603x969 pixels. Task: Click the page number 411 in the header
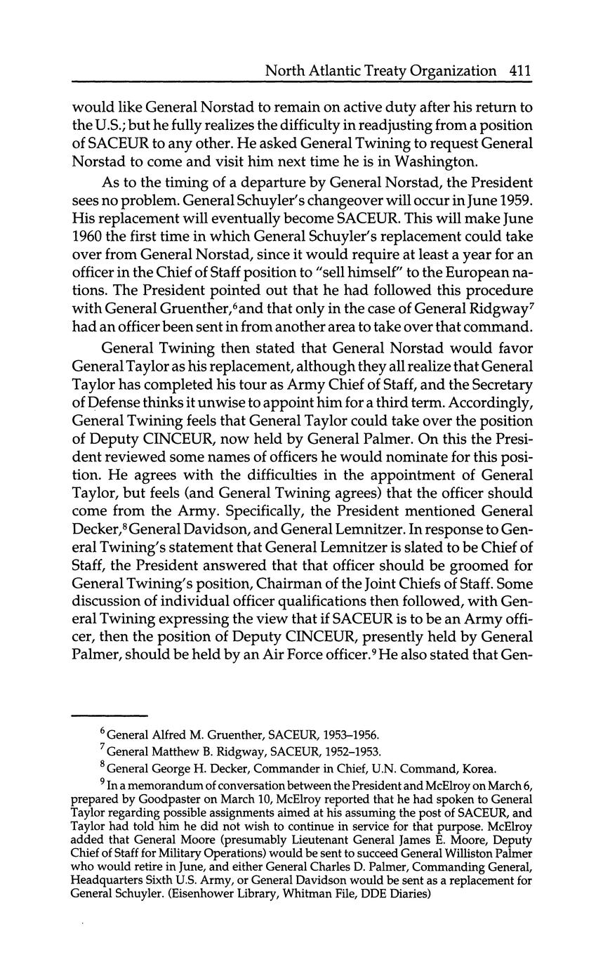[x=519, y=70]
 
